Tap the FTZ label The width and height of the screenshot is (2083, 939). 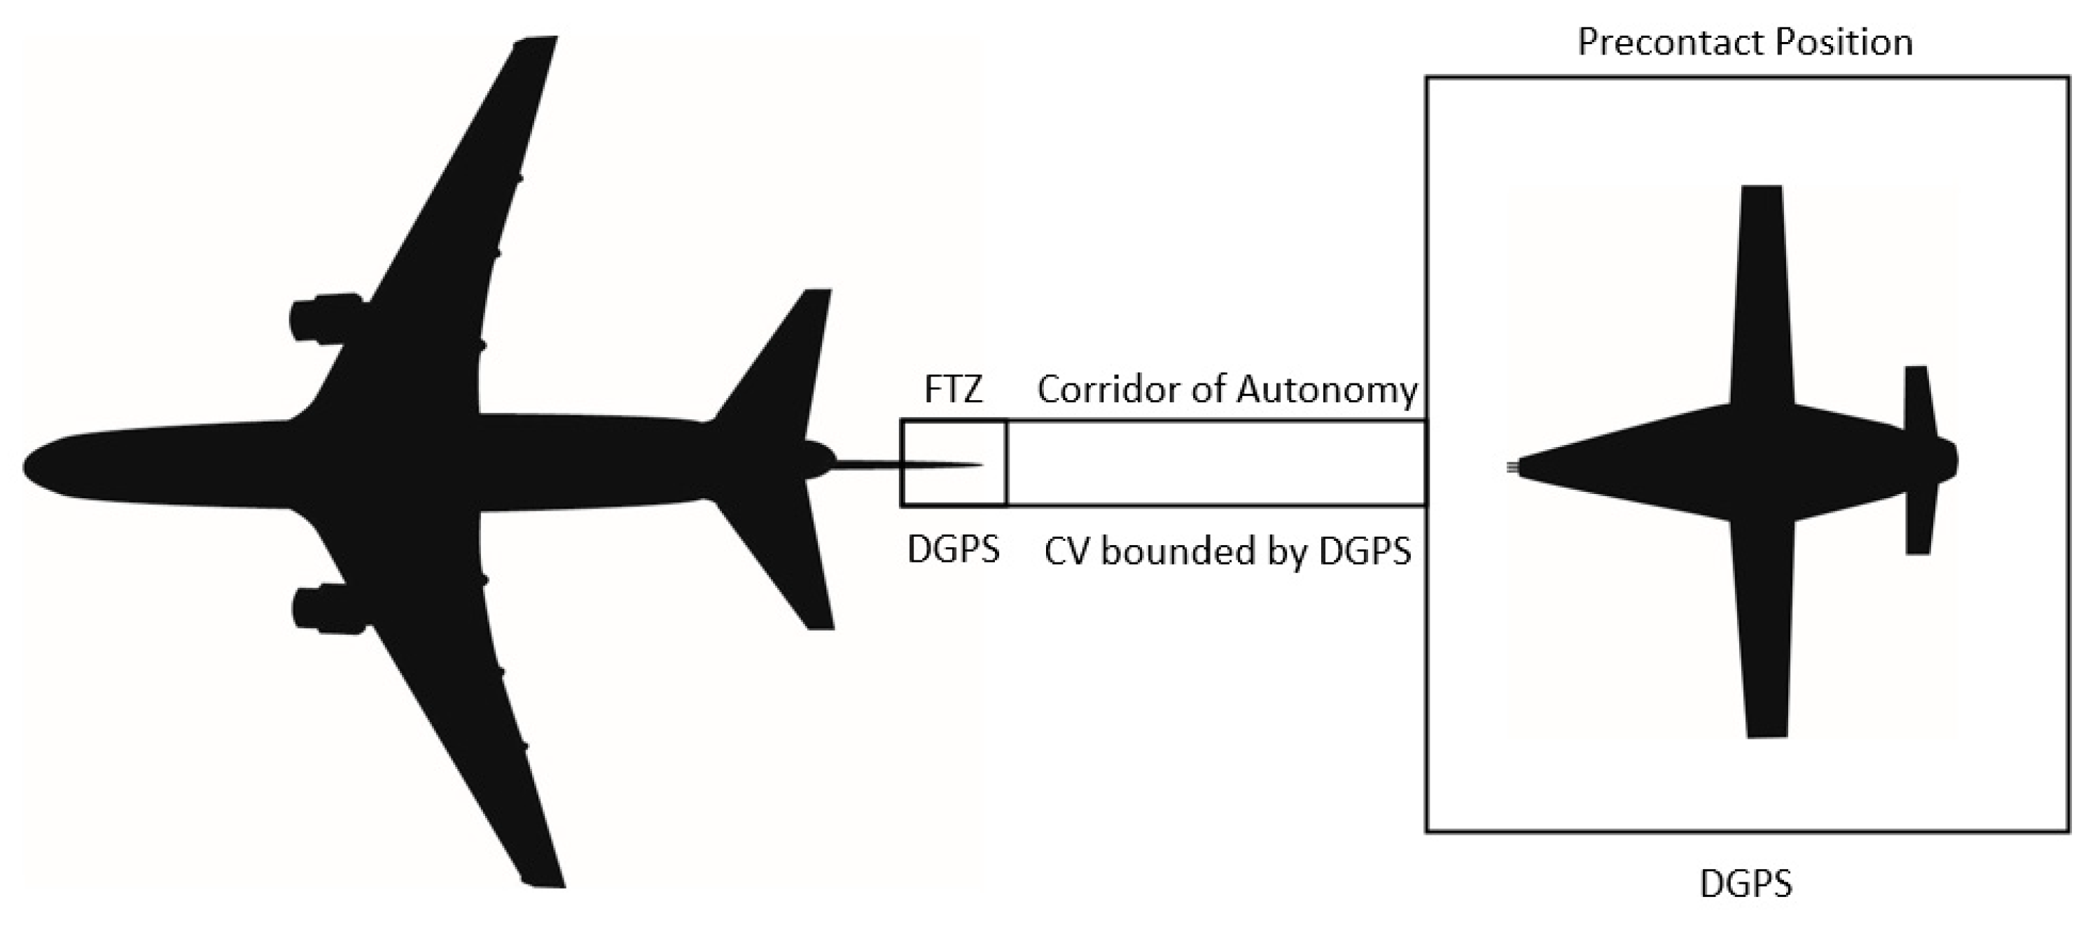click(954, 390)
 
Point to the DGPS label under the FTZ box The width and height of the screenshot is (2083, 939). click(954, 550)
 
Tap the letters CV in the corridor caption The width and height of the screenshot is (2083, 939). click(1066, 552)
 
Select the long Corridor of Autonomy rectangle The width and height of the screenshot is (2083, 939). click(1215, 463)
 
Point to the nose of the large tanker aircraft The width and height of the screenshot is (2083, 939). click(32, 466)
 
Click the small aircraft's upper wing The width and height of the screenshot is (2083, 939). click(1760, 291)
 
